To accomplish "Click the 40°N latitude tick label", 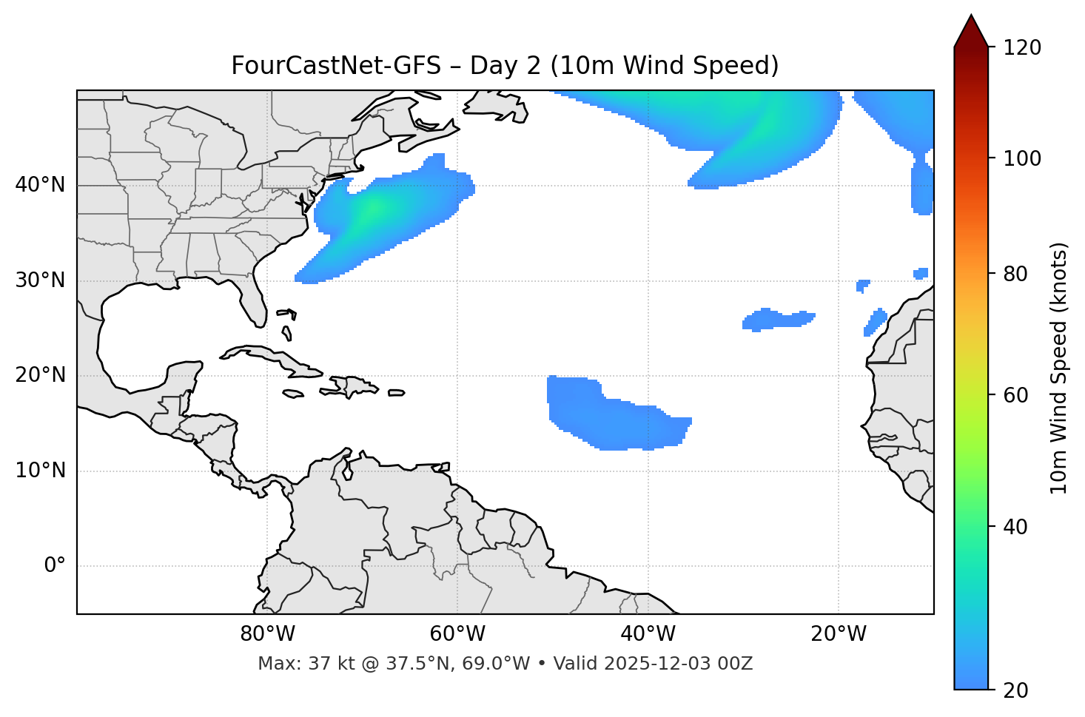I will (40, 185).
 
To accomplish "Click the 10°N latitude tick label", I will (40, 471).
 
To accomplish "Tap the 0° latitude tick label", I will (54, 566).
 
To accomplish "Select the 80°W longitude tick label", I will (267, 634).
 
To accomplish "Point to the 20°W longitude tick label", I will (839, 634).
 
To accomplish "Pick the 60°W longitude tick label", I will (457, 634).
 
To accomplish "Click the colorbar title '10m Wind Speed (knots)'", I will (1059, 368).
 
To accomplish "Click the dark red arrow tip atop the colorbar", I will (971, 30).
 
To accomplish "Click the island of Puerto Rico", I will (397, 393).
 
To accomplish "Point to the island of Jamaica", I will (293, 394).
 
